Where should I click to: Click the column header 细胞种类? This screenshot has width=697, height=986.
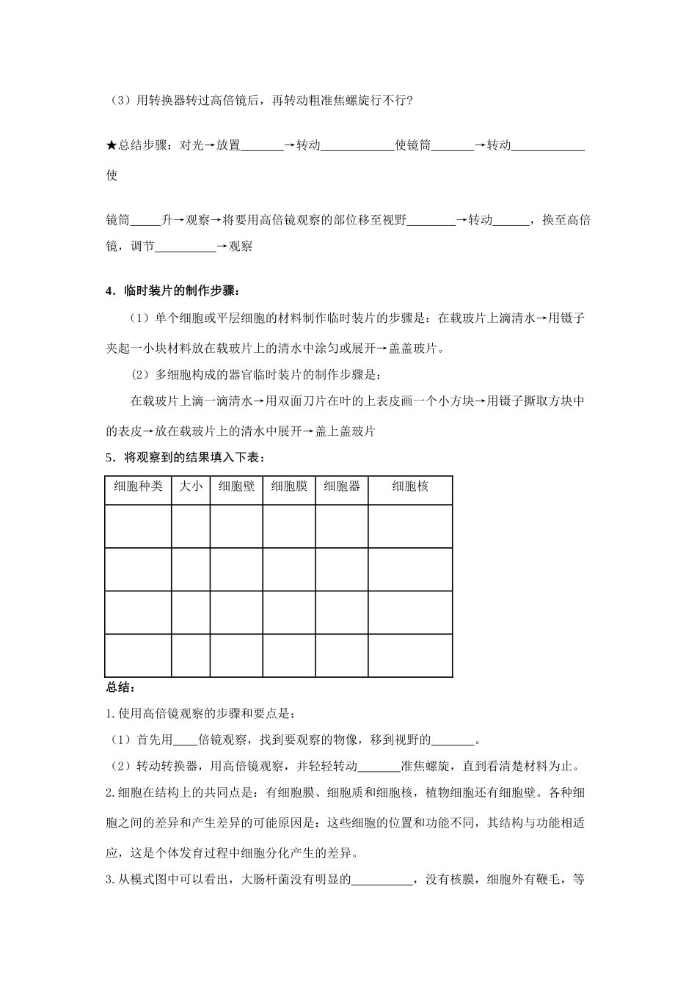point(138,486)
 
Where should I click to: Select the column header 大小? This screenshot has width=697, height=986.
point(191,486)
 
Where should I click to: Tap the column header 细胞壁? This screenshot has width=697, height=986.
point(236,486)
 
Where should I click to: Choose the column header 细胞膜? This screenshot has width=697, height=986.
point(289,486)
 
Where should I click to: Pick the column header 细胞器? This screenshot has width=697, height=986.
point(342,486)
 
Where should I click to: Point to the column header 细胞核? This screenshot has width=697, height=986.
point(410,486)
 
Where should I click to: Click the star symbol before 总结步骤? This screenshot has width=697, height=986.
point(112,145)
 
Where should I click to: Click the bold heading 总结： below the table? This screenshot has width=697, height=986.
point(118,687)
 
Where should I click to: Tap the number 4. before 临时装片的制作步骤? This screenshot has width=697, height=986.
point(111,291)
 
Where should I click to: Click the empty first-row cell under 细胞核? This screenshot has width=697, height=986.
point(410,525)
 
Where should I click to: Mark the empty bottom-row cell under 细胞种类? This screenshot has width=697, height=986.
point(138,655)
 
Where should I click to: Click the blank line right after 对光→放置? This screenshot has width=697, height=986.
point(262,147)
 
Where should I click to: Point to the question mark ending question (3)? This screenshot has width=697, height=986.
point(409,101)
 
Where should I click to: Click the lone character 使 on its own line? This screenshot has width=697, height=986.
point(112,175)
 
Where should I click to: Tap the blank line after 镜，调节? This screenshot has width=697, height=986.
point(186,248)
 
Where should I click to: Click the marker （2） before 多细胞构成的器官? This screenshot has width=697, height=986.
point(140,375)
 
